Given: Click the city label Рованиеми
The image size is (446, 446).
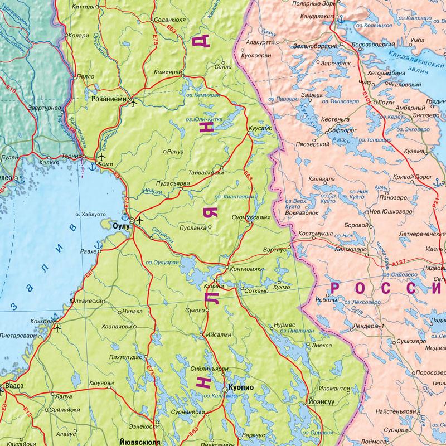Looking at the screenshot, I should pos(109,99).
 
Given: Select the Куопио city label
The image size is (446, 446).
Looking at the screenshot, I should pos(242,387).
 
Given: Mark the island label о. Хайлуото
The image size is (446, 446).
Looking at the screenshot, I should pos(90,214).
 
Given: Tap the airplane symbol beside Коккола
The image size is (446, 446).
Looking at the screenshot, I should pos(58,328).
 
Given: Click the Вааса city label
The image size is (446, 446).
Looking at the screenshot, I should pos(15,385).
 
